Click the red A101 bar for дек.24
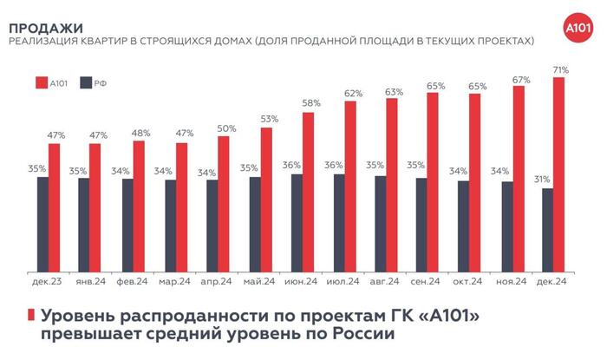(x=559, y=174)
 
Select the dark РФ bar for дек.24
(x=547, y=229)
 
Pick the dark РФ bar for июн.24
(x=296, y=222)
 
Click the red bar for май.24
(x=265, y=199)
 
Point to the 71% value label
(x=559, y=69)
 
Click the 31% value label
(x=543, y=180)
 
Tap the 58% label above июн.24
(x=310, y=104)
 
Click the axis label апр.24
(x=216, y=282)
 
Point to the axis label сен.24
(x=428, y=282)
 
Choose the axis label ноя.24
(x=510, y=282)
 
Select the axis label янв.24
(x=89, y=282)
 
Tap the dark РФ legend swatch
(x=85, y=82)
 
